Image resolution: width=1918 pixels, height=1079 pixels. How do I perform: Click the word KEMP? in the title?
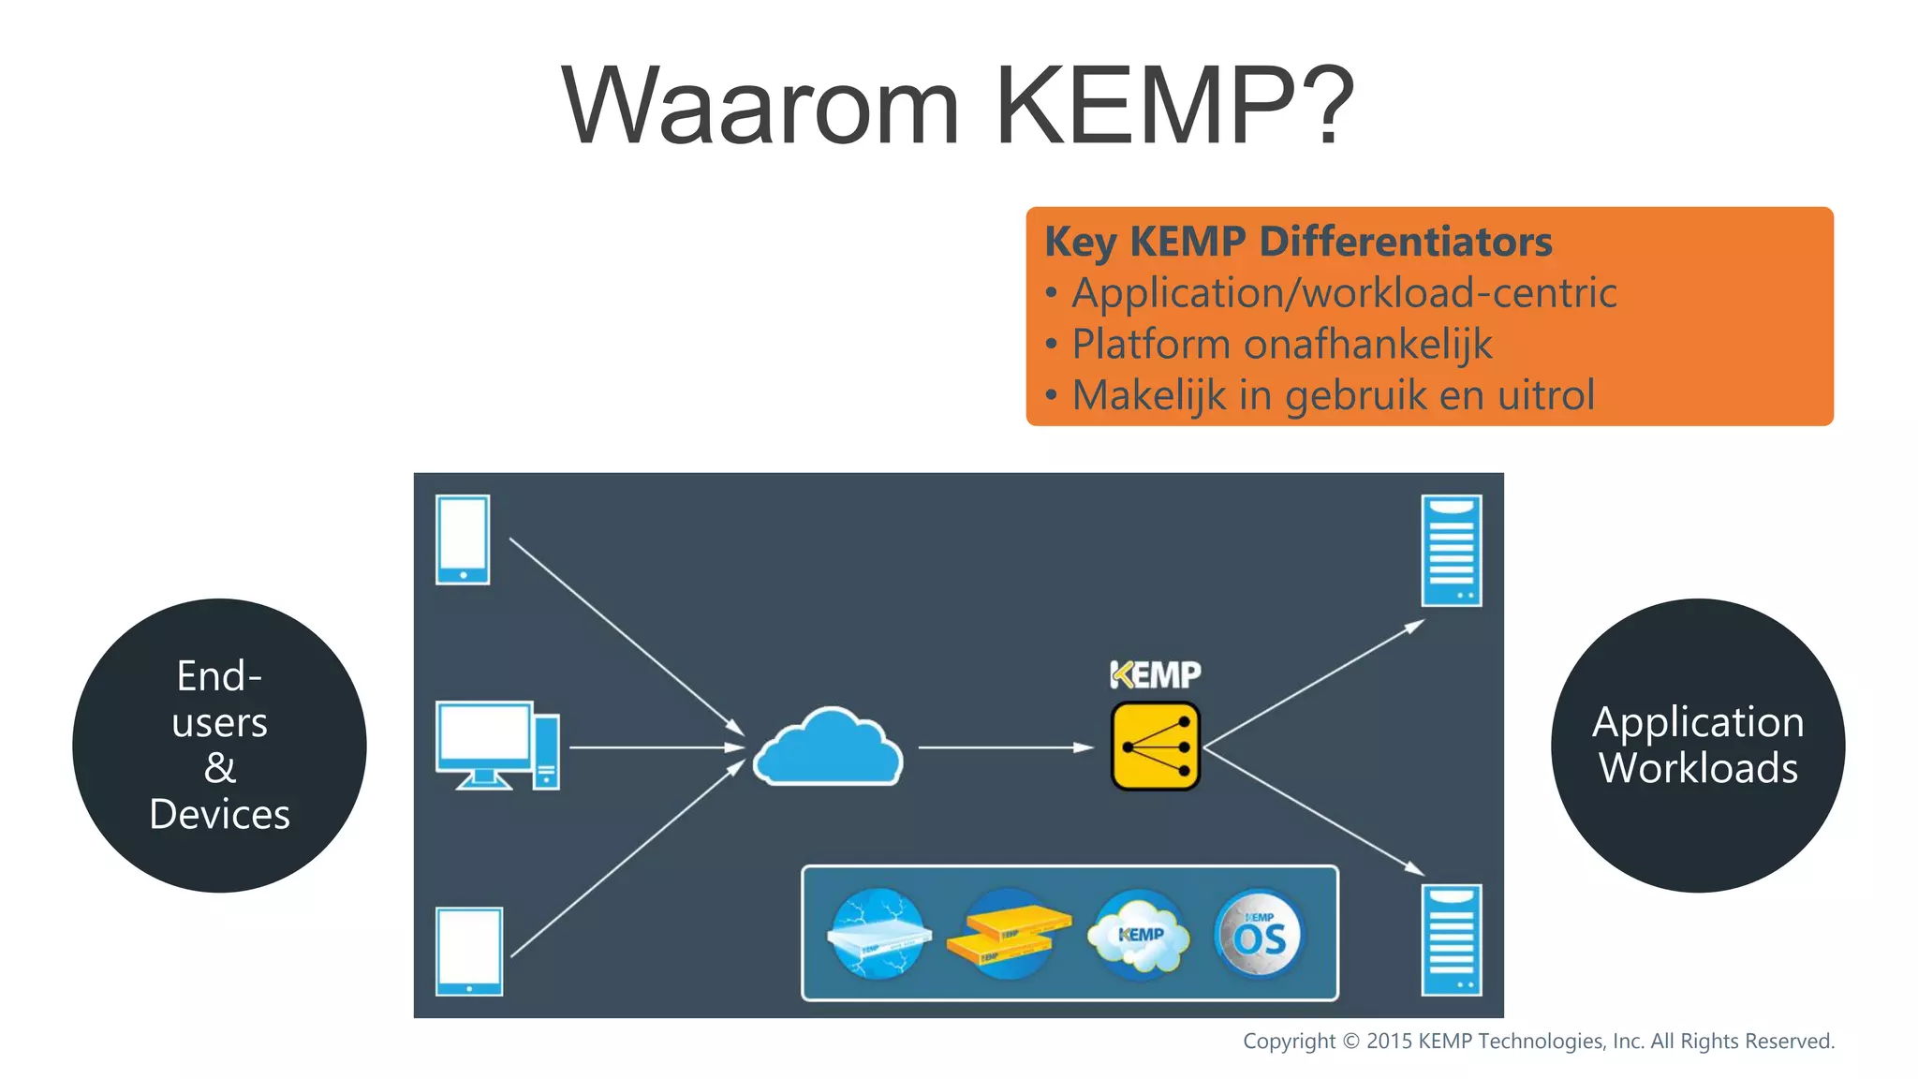coord(1174,106)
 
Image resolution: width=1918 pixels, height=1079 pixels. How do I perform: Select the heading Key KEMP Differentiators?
coord(1298,242)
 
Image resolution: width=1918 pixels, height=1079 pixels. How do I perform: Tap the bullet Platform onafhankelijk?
coord(1281,344)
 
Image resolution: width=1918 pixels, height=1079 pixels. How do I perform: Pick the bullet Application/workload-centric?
coord(1344,293)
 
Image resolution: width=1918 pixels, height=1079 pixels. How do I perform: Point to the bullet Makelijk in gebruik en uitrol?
coord(1333,395)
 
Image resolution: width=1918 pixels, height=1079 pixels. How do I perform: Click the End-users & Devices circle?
coord(219,746)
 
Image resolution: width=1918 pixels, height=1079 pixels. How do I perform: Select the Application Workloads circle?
coord(1697,746)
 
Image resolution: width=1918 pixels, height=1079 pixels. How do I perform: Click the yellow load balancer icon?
coord(1155,746)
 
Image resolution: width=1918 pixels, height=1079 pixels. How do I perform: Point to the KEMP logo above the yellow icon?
coord(1155,674)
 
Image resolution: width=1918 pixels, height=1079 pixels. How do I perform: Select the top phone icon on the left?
coord(463,539)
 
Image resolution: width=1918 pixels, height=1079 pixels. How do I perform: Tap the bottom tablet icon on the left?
coord(469,951)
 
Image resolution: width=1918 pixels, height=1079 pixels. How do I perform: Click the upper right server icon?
coord(1451,551)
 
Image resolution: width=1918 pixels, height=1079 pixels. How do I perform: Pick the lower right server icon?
coord(1451,939)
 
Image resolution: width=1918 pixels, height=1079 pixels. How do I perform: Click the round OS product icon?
coord(1258,934)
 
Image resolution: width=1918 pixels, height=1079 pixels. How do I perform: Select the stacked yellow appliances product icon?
coord(1008,934)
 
